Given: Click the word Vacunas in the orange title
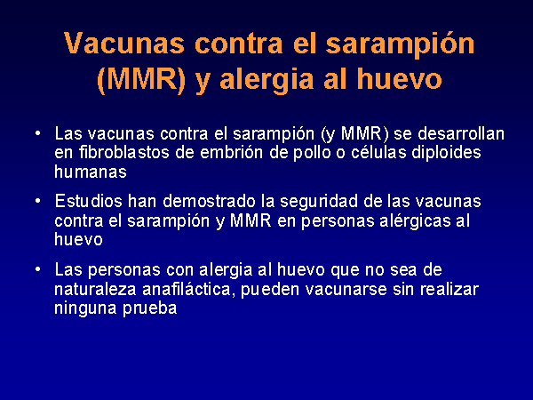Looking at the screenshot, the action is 124,44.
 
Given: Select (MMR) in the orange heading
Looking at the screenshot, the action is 141,80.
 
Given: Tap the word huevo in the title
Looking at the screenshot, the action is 399,79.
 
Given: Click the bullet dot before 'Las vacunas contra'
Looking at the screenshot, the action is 38,133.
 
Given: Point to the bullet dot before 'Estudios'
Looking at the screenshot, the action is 38,201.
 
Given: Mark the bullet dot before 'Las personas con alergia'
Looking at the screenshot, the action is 38,269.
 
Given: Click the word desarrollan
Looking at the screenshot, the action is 460,133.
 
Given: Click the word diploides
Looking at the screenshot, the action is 446,154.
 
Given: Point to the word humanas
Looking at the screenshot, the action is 91,172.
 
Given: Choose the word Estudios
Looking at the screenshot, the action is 88,201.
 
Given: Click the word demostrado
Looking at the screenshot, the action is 209,201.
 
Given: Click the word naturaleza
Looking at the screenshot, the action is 95,289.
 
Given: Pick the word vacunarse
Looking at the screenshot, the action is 346,290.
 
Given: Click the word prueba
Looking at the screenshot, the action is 149,308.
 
